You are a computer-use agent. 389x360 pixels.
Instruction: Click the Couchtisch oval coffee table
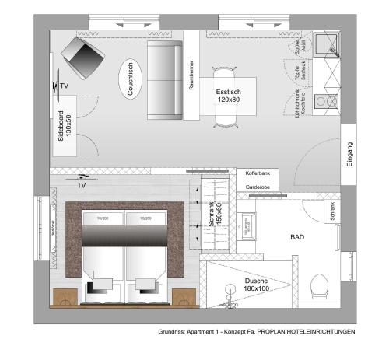tap(131, 78)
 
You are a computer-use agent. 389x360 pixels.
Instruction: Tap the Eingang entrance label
tap(350, 153)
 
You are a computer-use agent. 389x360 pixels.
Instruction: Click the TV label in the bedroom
tap(81, 187)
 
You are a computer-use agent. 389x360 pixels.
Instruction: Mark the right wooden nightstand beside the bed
tap(184, 297)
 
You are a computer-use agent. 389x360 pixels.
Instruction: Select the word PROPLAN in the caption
tap(275, 332)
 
